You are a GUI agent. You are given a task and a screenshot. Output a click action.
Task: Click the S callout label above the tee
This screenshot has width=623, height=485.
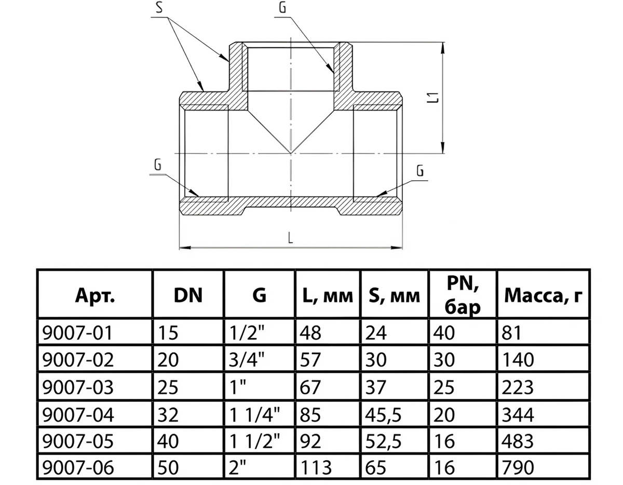[x=159, y=8]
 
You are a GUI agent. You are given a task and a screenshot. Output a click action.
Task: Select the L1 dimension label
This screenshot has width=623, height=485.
[x=435, y=98]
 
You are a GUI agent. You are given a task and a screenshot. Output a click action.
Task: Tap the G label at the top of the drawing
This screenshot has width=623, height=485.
[x=282, y=8]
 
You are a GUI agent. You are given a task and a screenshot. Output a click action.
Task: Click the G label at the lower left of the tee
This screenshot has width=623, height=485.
[x=158, y=165]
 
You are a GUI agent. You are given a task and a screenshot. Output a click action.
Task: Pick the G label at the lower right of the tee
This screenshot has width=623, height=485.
[x=420, y=171]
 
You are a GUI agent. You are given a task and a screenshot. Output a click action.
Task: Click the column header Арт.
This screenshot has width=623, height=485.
[x=95, y=295]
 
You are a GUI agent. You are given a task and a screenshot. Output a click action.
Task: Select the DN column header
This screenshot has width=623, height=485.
[x=188, y=295]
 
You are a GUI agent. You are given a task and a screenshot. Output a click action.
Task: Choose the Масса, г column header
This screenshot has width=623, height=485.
[x=543, y=296]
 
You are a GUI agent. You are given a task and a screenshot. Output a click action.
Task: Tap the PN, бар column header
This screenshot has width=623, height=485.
[x=463, y=295]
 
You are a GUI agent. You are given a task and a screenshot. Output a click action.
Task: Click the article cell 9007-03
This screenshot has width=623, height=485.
[x=78, y=387]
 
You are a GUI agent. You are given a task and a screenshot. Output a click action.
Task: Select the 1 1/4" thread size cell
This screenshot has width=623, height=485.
[x=254, y=414]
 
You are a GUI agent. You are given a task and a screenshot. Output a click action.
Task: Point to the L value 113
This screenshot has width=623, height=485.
[x=316, y=467]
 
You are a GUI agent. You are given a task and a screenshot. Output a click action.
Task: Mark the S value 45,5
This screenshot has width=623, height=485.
[x=383, y=414]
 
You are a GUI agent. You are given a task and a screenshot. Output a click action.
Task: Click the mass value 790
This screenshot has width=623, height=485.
[x=518, y=467]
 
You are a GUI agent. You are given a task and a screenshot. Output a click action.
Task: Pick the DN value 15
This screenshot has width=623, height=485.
[x=168, y=333]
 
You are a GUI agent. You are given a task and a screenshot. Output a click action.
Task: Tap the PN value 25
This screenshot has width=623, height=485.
[x=444, y=387]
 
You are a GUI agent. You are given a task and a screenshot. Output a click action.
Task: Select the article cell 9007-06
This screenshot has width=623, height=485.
[x=78, y=467]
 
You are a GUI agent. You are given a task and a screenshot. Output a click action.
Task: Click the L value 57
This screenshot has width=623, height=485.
[x=310, y=359]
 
